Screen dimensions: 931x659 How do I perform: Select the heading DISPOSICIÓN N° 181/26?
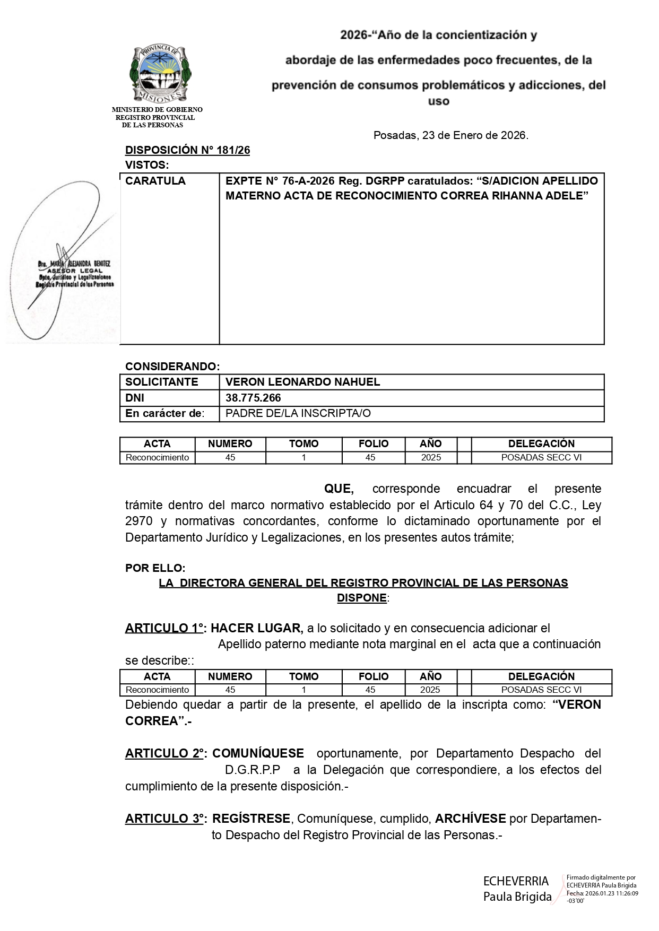pos(187,150)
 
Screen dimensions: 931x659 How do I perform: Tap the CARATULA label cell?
pos(155,181)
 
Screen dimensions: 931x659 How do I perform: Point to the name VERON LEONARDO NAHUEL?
pos(302,382)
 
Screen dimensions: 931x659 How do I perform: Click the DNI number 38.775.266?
pos(253,398)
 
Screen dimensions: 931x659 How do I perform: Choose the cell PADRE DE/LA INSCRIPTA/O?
pos(298,414)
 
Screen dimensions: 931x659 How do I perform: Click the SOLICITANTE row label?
pos(161,382)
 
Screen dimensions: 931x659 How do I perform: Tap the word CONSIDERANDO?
pos(172,367)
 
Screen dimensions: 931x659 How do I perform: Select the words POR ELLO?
pos(155,568)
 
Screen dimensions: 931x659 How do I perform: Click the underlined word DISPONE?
pos(362,598)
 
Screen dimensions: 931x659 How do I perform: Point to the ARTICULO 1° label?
pos(164,629)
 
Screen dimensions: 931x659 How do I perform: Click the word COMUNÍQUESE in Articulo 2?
pos(258,753)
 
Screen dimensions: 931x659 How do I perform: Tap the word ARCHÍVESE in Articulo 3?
pos(470,819)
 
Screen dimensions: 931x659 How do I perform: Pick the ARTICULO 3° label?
pos(165,819)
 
